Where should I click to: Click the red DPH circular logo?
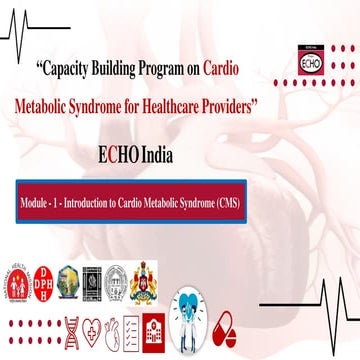(x=46, y=277)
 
